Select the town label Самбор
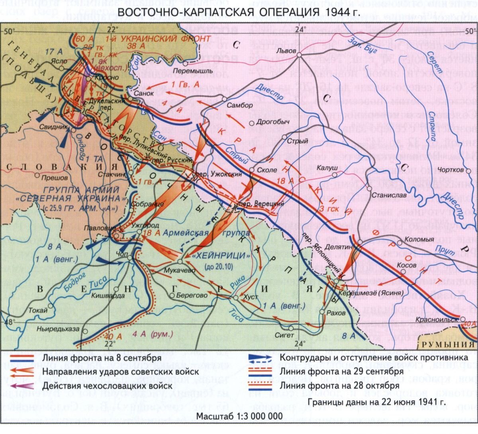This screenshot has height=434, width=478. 239,105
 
